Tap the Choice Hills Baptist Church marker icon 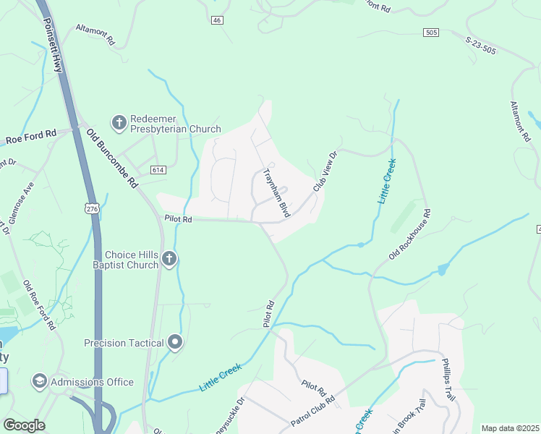click(169, 259)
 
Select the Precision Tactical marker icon click(174, 342)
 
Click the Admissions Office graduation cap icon click(39, 381)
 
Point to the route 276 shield click(91, 208)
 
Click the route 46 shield click(217, 20)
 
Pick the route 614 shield click(158, 169)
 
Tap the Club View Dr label click(325, 172)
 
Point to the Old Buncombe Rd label click(112, 158)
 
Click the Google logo click(24, 425)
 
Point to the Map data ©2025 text click(510, 428)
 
